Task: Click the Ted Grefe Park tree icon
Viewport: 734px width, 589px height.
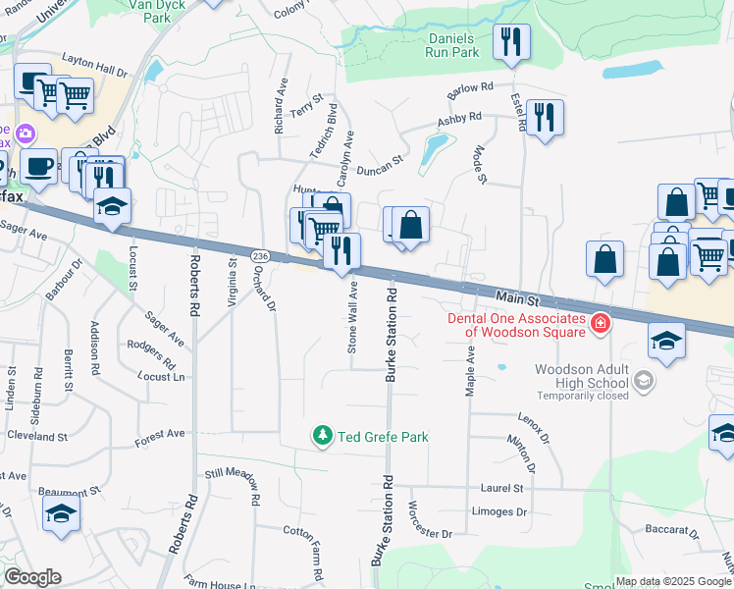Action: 322,435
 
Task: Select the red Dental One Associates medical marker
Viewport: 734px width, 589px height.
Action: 599,323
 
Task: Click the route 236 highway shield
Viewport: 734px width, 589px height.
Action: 259,255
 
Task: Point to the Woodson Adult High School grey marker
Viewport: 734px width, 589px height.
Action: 643,379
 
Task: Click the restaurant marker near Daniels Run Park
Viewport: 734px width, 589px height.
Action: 510,41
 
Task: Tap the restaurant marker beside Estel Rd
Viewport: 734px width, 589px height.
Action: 544,118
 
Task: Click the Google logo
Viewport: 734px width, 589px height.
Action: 32,577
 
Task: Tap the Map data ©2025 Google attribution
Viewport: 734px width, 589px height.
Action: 673,581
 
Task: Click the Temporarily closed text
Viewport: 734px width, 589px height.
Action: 583,397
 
